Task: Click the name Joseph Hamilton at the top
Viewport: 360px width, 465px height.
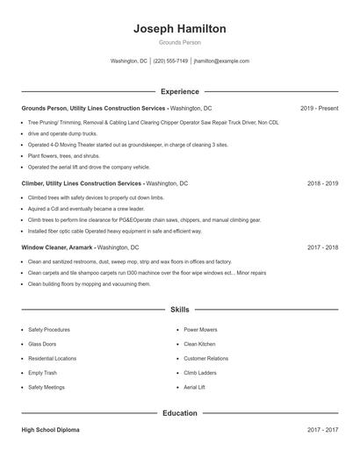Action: (x=179, y=29)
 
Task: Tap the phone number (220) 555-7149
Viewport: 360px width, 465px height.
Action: (x=170, y=61)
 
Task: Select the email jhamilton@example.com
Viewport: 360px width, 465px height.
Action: (x=221, y=61)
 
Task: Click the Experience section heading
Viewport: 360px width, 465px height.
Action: (x=179, y=91)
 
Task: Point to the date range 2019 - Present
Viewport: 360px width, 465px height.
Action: (x=319, y=108)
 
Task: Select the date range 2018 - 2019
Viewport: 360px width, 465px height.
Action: (x=322, y=183)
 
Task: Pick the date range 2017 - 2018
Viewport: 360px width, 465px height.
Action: (x=322, y=248)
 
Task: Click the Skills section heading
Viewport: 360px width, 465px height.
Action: (x=179, y=310)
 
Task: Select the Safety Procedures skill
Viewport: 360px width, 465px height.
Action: (x=49, y=330)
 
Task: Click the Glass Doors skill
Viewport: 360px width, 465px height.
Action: (x=42, y=344)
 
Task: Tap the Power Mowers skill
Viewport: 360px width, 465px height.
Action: (x=200, y=330)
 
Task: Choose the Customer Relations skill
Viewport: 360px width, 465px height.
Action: (x=205, y=358)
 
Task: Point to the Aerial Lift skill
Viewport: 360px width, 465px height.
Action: (x=195, y=387)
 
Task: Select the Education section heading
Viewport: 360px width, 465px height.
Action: (x=179, y=412)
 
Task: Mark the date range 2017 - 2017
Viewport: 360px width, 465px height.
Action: (x=322, y=430)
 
